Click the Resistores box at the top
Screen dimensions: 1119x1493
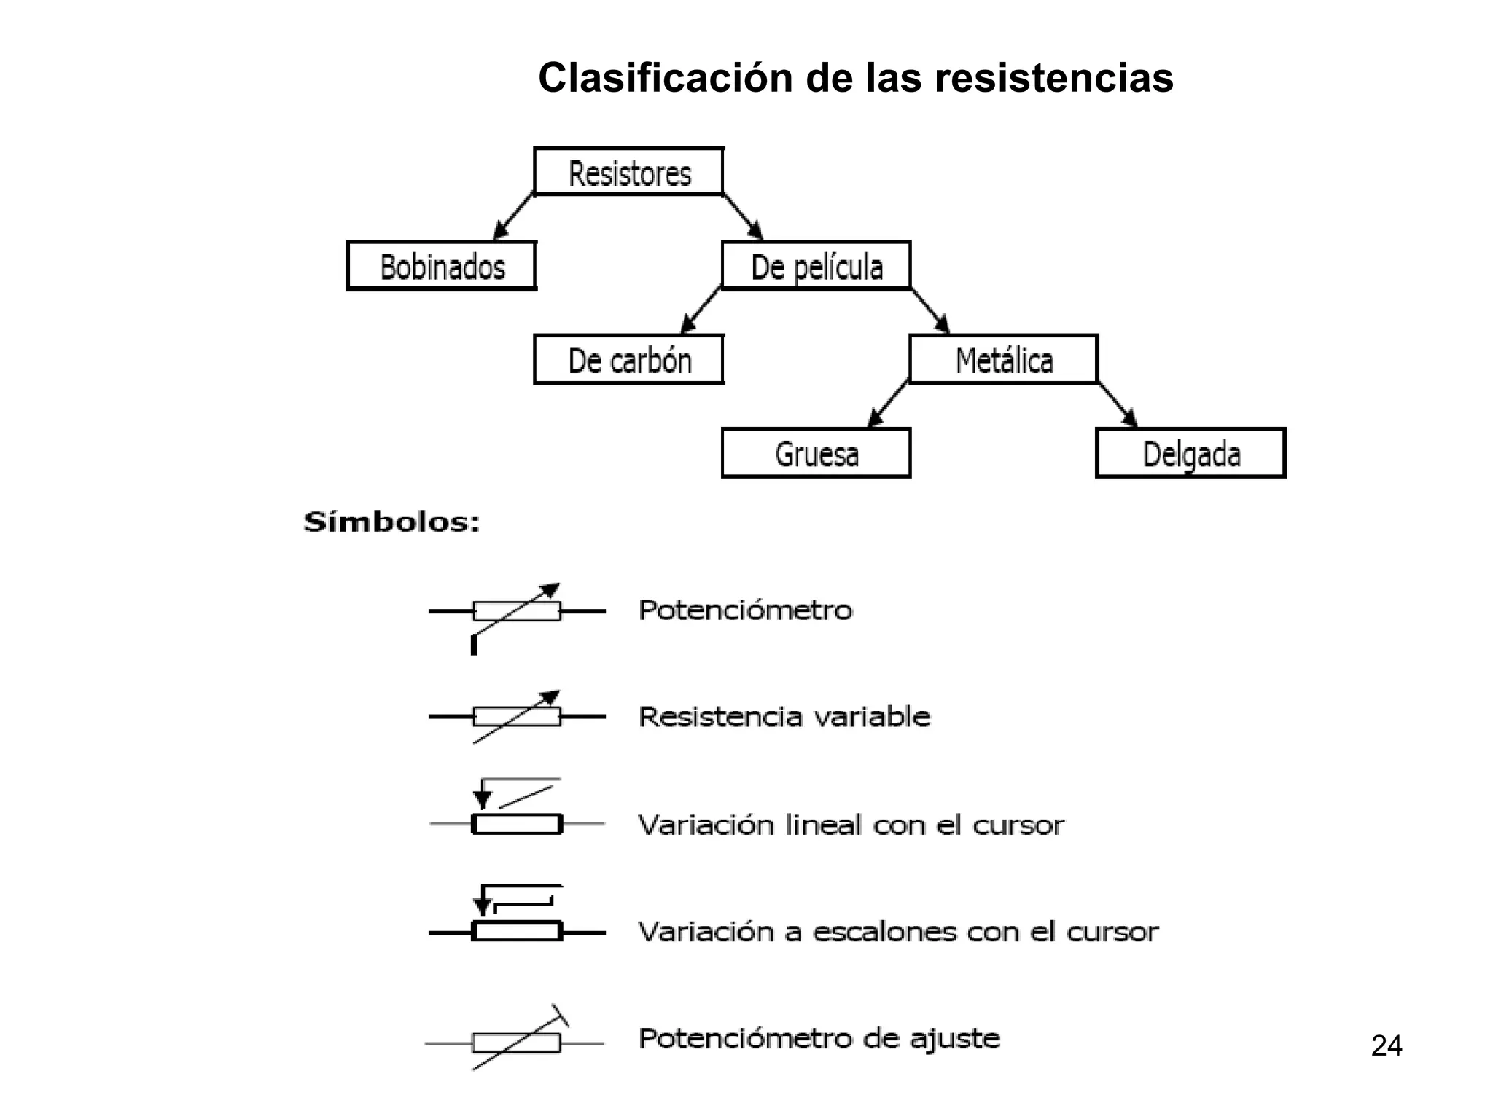point(629,173)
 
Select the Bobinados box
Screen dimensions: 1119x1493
point(442,267)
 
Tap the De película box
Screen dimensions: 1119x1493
point(816,267)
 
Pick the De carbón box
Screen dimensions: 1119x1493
point(629,360)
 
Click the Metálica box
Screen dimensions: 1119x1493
point(1004,360)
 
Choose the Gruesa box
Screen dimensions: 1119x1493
point(816,453)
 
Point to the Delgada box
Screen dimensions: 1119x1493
point(1191,453)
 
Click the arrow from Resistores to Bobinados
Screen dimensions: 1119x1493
point(514,216)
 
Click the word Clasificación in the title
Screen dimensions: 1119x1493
point(665,78)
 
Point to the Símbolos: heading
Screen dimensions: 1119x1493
point(392,522)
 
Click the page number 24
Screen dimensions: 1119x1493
point(1386,1046)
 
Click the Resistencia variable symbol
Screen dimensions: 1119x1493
point(517,717)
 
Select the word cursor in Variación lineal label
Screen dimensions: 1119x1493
point(1018,825)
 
